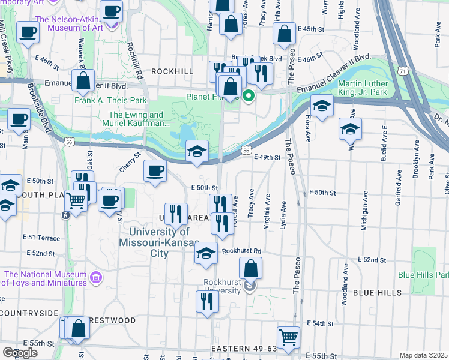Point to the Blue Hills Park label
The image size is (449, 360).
pos(423,275)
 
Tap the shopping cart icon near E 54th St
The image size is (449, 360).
pos(288,337)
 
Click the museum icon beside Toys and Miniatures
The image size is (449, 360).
pos(95,278)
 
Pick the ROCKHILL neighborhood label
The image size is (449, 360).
pos(172,71)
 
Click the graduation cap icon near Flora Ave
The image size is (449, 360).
pos(322,107)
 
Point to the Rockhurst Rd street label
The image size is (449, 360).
pos(241,251)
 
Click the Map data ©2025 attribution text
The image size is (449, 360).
pos(423,355)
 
